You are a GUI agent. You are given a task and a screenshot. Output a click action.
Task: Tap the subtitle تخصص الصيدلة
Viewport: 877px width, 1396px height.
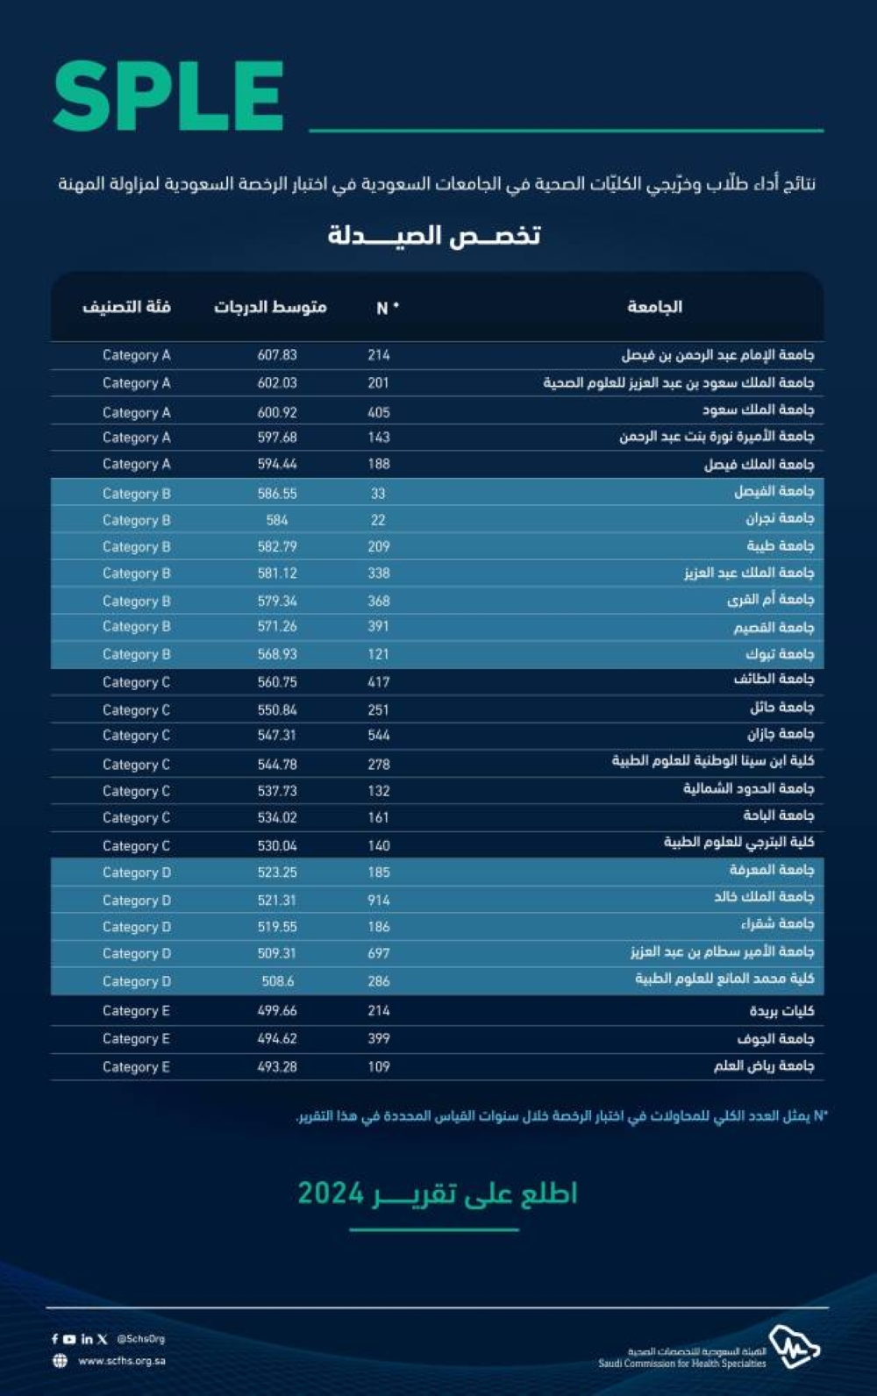click(434, 235)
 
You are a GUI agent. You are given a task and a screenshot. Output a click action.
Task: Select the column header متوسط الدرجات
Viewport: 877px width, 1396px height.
click(270, 307)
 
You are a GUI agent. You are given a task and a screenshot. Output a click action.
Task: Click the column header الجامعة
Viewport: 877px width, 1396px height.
click(654, 307)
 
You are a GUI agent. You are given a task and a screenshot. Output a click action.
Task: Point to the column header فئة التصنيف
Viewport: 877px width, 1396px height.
click(126, 307)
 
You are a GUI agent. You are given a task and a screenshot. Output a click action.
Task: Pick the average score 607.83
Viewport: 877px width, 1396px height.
click(277, 355)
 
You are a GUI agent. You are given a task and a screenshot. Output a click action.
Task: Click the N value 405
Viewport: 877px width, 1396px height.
click(379, 412)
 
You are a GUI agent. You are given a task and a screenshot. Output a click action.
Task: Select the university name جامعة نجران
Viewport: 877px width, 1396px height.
click(780, 519)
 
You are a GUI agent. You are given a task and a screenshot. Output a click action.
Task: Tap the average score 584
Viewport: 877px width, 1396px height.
click(277, 520)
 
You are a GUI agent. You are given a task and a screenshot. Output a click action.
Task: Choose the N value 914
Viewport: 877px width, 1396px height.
click(379, 900)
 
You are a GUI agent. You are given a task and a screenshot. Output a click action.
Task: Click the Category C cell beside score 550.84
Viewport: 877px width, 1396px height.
click(136, 710)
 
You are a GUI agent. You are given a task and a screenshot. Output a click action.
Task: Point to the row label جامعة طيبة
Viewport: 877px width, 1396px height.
click(780, 546)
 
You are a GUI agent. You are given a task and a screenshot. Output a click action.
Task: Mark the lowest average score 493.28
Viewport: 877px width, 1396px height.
click(277, 1067)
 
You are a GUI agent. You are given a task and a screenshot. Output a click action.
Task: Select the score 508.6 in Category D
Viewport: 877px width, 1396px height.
click(277, 981)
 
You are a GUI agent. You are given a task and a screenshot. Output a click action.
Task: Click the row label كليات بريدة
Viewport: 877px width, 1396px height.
click(781, 1011)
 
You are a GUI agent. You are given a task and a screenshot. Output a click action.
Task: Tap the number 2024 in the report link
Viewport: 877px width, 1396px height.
click(331, 1193)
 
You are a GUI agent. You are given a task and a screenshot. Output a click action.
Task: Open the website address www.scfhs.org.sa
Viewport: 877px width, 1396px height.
click(122, 1361)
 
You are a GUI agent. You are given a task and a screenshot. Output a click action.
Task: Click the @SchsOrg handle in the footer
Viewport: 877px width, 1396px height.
click(140, 1339)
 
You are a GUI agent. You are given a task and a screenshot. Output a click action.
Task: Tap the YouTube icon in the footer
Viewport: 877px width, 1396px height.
click(69, 1339)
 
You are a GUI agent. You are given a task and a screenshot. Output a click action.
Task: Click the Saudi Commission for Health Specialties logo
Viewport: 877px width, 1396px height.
click(794, 1347)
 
